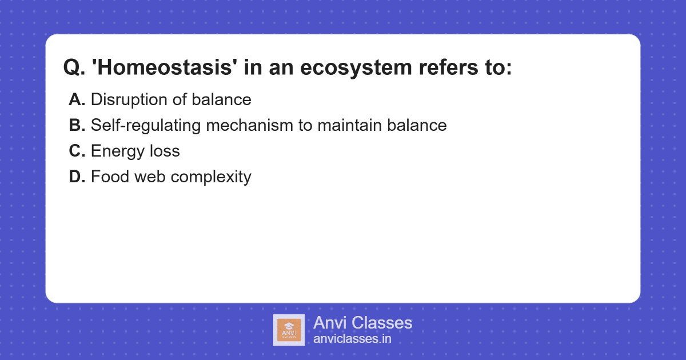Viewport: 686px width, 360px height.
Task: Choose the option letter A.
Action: [x=77, y=100]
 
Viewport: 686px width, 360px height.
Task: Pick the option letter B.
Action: [x=77, y=126]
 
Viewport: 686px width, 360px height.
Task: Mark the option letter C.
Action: [x=77, y=151]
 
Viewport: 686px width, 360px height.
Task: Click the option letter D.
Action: [x=77, y=177]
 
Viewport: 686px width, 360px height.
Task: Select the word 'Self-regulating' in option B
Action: [x=146, y=126]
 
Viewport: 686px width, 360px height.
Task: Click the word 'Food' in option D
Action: [x=110, y=177]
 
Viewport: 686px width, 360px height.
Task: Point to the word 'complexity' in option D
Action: [x=211, y=177]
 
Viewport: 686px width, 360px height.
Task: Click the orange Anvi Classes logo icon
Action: [x=289, y=330]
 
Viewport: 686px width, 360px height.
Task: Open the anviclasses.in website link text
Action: [x=352, y=339]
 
